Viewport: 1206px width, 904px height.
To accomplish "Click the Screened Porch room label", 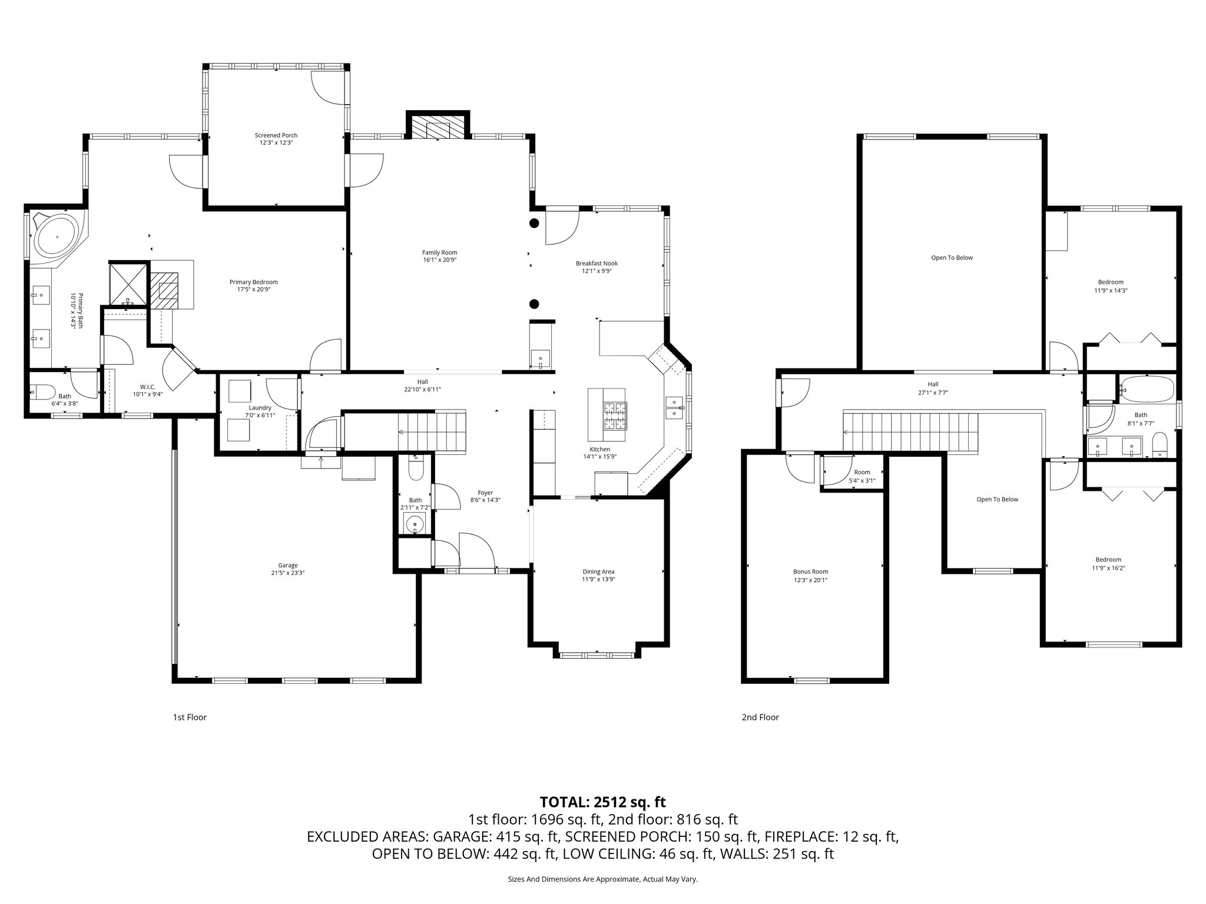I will click(x=276, y=135).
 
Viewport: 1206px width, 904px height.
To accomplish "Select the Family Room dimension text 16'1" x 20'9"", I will click(x=439, y=260).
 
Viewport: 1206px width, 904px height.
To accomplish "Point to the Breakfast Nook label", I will click(x=597, y=264).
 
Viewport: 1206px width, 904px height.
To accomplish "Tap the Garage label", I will click(x=288, y=565).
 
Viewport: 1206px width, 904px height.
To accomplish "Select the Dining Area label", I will click(x=598, y=571).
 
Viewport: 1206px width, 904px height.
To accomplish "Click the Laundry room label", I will click(x=260, y=408).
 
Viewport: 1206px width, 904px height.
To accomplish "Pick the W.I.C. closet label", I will click(x=147, y=387).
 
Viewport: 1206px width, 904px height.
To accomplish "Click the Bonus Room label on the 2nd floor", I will click(x=810, y=571).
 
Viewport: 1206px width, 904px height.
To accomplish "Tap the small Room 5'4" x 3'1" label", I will click(x=862, y=472).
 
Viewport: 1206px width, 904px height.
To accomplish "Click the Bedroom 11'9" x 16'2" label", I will click(x=1108, y=560).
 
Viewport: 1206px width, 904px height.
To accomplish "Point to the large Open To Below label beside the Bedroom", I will click(x=952, y=258).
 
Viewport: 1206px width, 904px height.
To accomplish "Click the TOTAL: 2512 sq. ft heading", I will click(x=602, y=802).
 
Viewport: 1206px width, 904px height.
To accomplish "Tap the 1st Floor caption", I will click(x=189, y=717).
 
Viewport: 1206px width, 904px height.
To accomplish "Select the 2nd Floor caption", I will click(x=760, y=717).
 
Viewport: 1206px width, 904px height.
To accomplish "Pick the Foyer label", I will click(x=485, y=493).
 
